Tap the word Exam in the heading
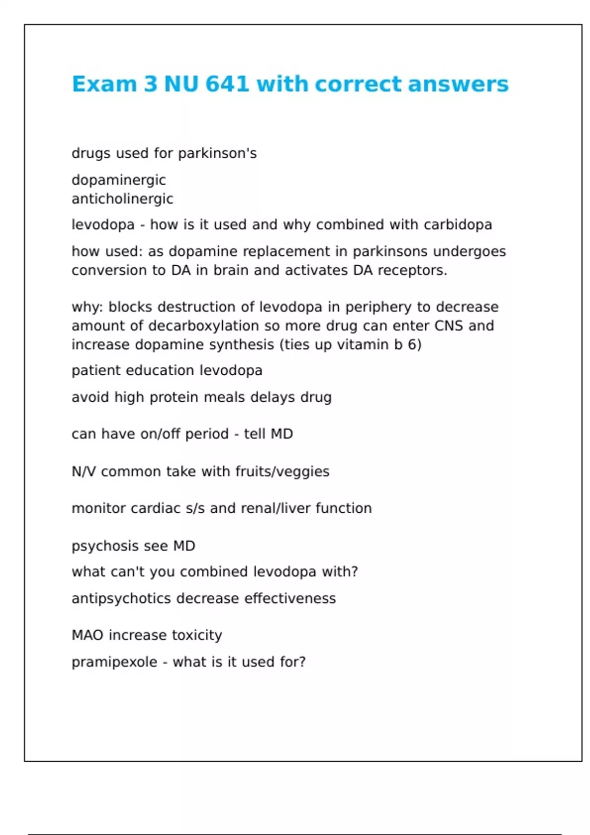(x=105, y=84)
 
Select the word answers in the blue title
(x=458, y=84)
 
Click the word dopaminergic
(x=118, y=180)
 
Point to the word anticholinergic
(x=122, y=199)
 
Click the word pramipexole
(x=114, y=663)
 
